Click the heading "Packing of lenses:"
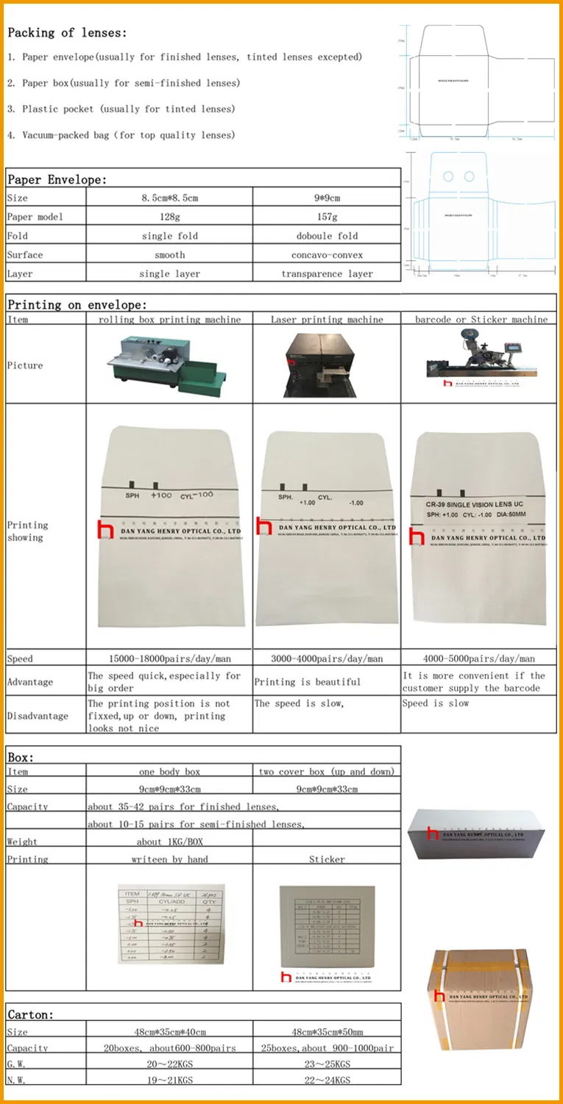[x=67, y=32]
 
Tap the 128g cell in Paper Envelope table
[x=169, y=217]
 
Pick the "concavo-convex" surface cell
[x=327, y=255]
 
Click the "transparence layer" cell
[x=327, y=273]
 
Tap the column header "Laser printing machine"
[x=327, y=320]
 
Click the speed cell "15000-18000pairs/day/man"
[x=169, y=659]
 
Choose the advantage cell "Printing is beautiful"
[x=308, y=682]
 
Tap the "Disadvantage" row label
[x=38, y=716]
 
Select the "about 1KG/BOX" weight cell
[x=169, y=842]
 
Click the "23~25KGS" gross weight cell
[x=327, y=1063]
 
